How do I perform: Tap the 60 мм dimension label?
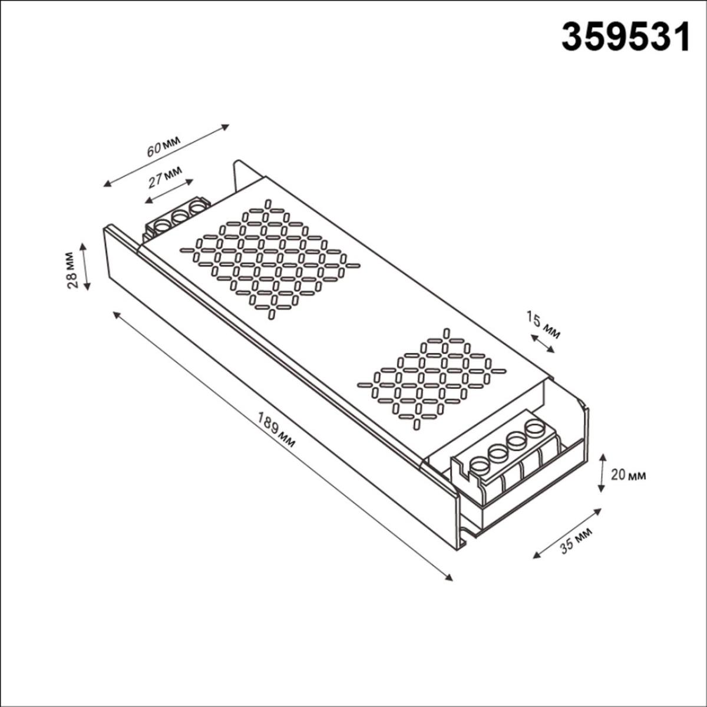pyautogui.click(x=163, y=146)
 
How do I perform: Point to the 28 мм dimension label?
pyautogui.click(x=72, y=270)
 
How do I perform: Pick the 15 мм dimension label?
pyautogui.click(x=543, y=325)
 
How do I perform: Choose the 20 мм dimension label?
pyautogui.click(x=628, y=475)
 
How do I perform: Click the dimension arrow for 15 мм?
pyautogui.click(x=542, y=343)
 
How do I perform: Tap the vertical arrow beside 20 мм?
pyautogui.click(x=602, y=473)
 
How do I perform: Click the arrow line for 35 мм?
pyautogui.click(x=567, y=532)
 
